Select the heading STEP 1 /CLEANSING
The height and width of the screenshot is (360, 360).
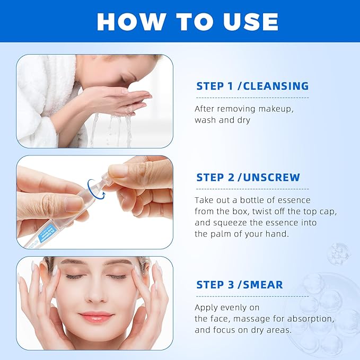pyautogui.click(x=252, y=86)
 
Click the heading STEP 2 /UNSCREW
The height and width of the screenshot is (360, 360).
pyautogui.click(x=248, y=177)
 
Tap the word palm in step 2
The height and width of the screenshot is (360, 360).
pyautogui.click(x=218, y=234)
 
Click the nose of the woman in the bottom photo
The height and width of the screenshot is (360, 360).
pyautogui.click(x=96, y=295)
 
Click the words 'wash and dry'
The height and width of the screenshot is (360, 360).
pyautogui.click(x=222, y=120)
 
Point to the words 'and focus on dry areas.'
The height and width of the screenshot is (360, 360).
pyautogui.click(x=243, y=330)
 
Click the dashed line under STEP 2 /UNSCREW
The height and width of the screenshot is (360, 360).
pyautogui.click(x=252, y=189)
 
